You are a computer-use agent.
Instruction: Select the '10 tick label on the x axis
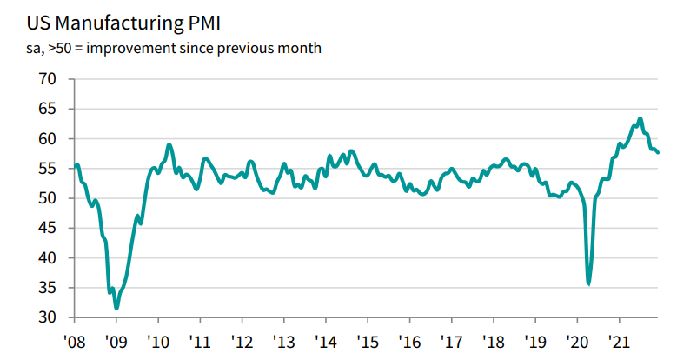pyautogui.click(x=157, y=340)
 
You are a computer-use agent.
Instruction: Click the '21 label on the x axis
pyautogui.click(x=619, y=340)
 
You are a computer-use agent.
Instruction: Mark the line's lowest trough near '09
pyautogui.click(x=116, y=308)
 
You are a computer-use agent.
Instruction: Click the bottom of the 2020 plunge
pyautogui.click(x=589, y=283)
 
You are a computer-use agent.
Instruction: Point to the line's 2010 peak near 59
pyautogui.click(x=169, y=144)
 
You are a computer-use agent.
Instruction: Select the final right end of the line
pyautogui.click(x=658, y=152)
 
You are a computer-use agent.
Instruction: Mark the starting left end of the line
pyautogui.click(x=76, y=165)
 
